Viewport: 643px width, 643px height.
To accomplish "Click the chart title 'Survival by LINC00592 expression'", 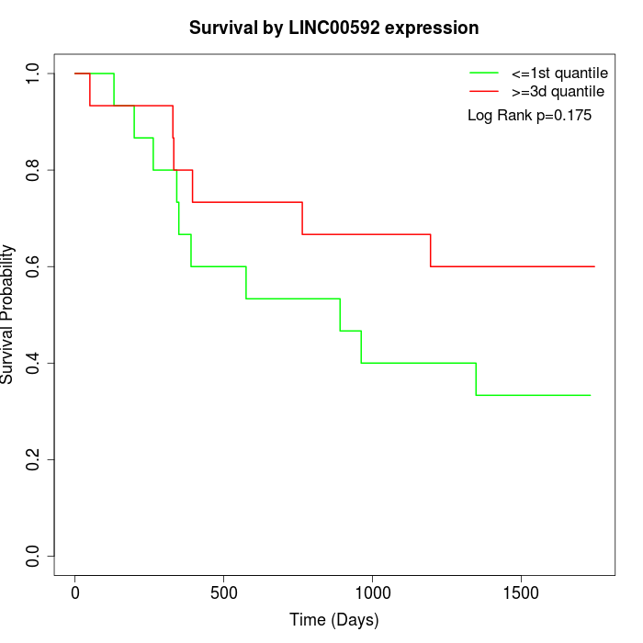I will [x=333, y=28].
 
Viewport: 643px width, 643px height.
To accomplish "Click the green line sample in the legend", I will [x=483, y=73].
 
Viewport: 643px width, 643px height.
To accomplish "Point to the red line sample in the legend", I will [x=483, y=91].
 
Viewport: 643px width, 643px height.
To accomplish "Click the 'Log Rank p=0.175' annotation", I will [x=529, y=115].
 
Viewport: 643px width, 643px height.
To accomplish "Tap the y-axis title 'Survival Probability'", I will [x=8, y=314].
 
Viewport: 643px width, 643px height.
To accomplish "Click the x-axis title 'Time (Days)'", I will [x=333, y=620].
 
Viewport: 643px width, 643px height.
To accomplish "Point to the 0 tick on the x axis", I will [x=75, y=592].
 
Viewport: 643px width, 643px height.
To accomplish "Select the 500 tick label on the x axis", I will [x=224, y=592].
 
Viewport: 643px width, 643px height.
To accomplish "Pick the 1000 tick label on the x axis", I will [x=373, y=592].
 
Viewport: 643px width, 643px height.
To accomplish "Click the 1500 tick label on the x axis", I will [x=521, y=592].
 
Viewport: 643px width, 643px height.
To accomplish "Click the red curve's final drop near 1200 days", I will [x=431, y=251].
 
